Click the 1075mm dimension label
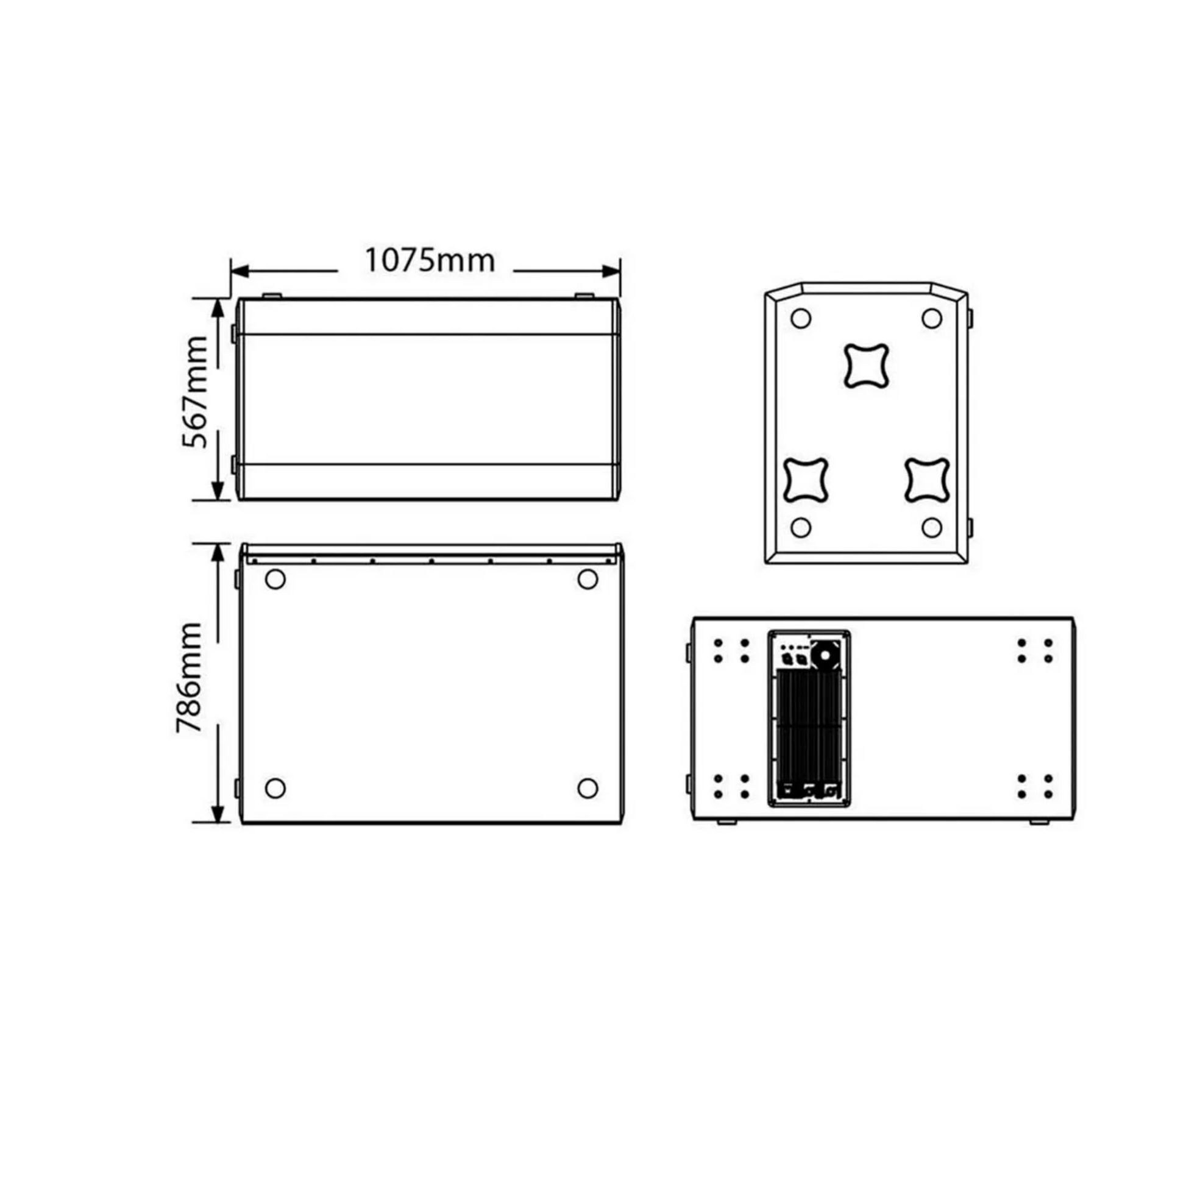tap(430, 260)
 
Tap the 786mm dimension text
tap(189, 677)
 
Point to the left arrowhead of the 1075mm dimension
tap(240, 271)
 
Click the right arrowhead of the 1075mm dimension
tap(611, 271)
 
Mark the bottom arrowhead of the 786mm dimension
tap(218, 814)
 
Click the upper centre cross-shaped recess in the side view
tap(866, 366)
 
